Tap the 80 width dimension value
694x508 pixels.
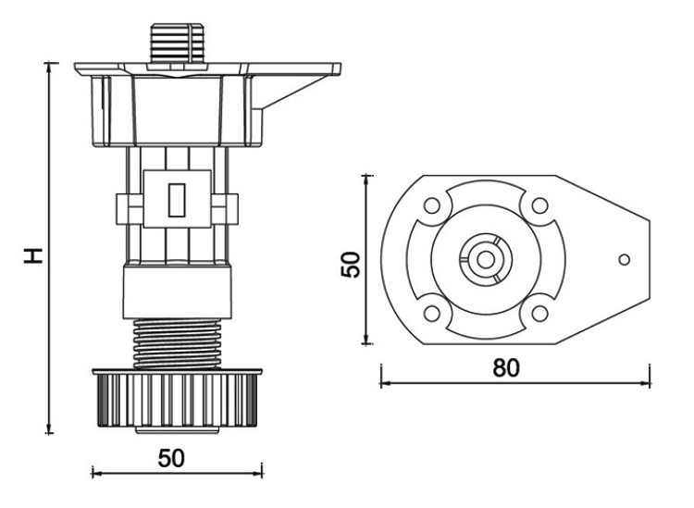point(505,366)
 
